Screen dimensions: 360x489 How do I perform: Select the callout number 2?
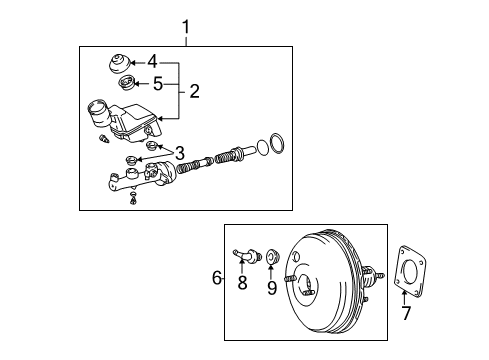(194, 92)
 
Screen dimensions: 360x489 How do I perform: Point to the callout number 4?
(151, 62)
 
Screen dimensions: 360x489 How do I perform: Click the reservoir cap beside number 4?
(120, 67)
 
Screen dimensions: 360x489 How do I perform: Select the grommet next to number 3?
(153, 148)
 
